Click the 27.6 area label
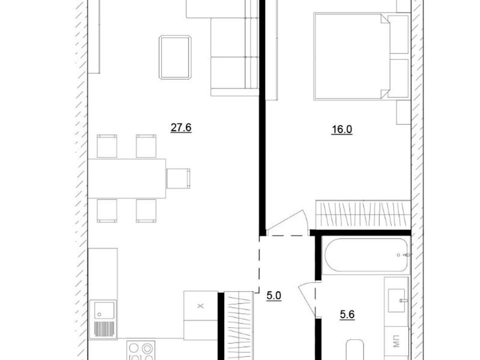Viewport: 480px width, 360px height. pyautogui.click(x=181, y=127)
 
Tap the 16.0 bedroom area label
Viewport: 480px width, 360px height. pyautogui.click(x=342, y=129)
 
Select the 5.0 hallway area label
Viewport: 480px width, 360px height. pyautogui.click(x=274, y=295)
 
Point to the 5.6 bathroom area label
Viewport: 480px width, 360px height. pyautogui.click(x=347, y=314)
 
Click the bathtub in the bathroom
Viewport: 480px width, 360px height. pyautogui.click(x=366, y=255)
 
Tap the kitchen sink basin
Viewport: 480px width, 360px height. pyautogui.click(x=104, y=310)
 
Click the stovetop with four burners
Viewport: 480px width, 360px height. pyautogui.click(x=140, y=350)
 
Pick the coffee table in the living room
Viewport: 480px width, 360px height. pyautogui.click(x=175, y=57)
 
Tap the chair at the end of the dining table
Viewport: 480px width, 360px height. pyautogui.click(x=178, y=178)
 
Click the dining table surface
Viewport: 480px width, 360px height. pyautogui.click(x=126, y=178)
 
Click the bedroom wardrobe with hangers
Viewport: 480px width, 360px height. pyautogui.click(x=363, y=214)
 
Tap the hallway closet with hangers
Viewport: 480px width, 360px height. pyautogui.click(x=239, y=325)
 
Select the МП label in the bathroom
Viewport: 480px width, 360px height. pyautogui.click(x=396, y=342)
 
